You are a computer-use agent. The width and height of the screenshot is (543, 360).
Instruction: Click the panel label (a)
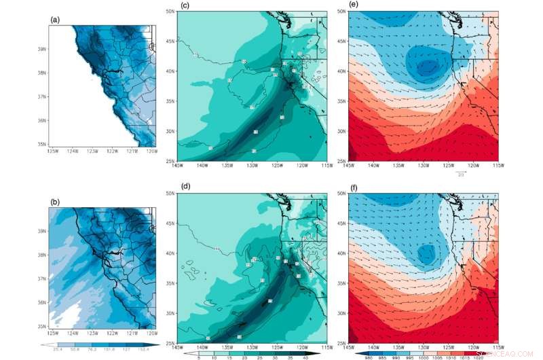click(x=56, y=19)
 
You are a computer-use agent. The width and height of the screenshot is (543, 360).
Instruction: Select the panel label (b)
click(x=56, y=202)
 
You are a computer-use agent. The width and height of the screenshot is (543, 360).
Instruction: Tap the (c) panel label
click(x=184, y=7)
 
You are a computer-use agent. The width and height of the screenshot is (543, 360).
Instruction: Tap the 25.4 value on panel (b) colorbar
click(x=58, y=348)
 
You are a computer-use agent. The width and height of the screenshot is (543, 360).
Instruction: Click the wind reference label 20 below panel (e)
click(x=461, y=175)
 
